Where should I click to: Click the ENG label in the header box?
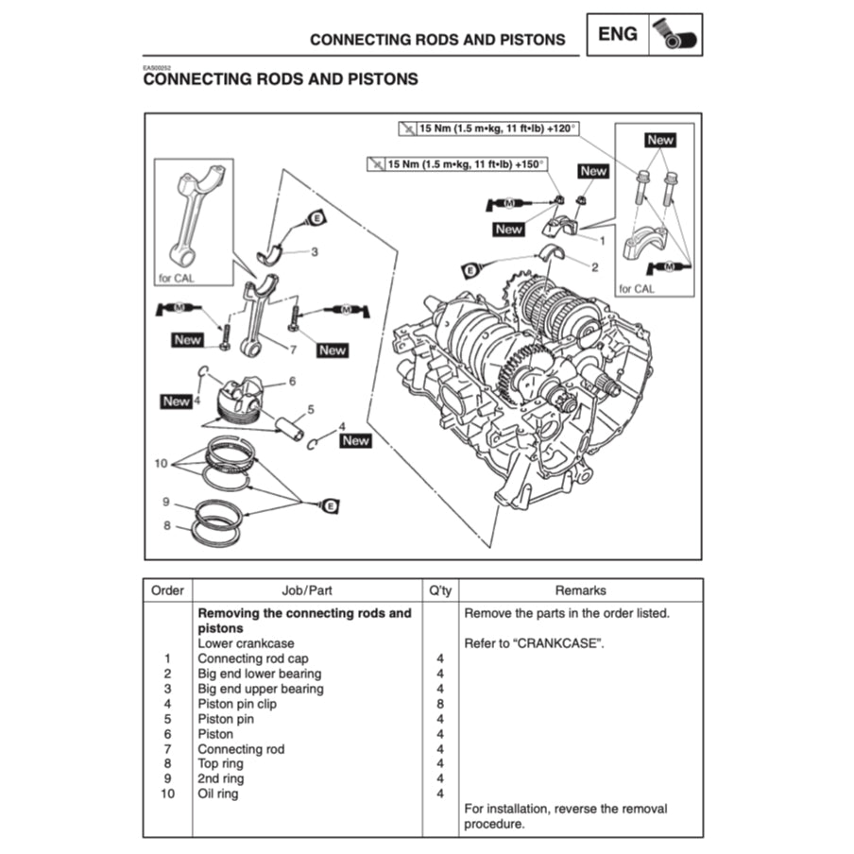619,35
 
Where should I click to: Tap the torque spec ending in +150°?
458,164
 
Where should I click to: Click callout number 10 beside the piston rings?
161,464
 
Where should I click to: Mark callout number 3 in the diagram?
315,252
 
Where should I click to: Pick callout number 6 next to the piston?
293,382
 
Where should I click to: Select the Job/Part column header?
307,590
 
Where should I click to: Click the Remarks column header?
580,590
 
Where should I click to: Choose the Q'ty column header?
440,590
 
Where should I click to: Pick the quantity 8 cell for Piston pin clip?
440,704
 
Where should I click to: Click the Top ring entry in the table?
220,763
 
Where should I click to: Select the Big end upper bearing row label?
260,689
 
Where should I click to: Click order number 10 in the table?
167,794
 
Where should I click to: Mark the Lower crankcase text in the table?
246,643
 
